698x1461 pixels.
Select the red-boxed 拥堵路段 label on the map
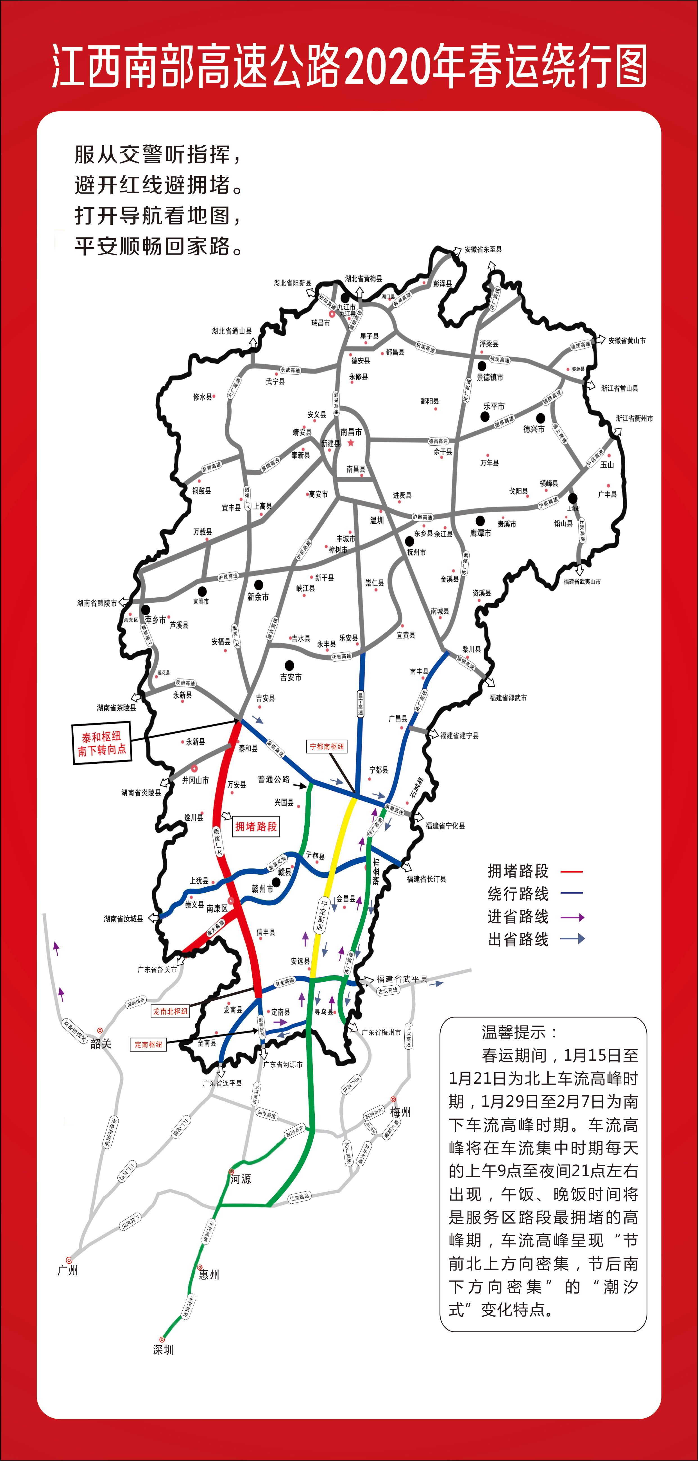coord(256,826)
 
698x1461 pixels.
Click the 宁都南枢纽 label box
coord(327,747)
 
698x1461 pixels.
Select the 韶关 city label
coord(101,1043)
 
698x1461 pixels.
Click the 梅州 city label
coord(400,1112)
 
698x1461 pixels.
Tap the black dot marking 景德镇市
coord(481,366)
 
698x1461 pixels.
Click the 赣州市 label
coord(262,889)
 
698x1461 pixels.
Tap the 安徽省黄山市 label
coord(627,341)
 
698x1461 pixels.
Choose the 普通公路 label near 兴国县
coord(273,779)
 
